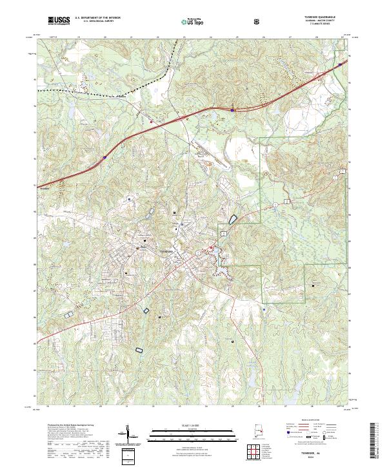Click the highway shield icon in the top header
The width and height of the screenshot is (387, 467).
click(258, 21)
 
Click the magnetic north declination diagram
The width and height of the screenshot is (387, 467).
click(129, 434)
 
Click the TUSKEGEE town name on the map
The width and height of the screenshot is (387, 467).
click(168, 251)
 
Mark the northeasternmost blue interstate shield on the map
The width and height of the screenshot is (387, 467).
click(341, 64)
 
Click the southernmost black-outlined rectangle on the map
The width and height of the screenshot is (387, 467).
click(139, 350)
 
